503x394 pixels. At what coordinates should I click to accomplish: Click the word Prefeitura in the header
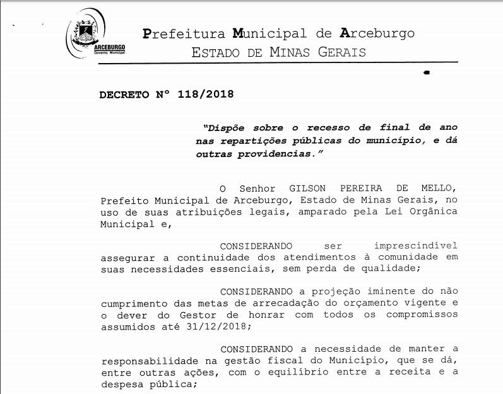click(180, 33)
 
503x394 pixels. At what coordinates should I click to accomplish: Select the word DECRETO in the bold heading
click(123, 95)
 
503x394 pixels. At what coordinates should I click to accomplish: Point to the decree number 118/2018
click(206, 95)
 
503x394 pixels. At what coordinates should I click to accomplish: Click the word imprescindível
click(415, 245)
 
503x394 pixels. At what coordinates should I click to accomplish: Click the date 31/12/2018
click(213, 327)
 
